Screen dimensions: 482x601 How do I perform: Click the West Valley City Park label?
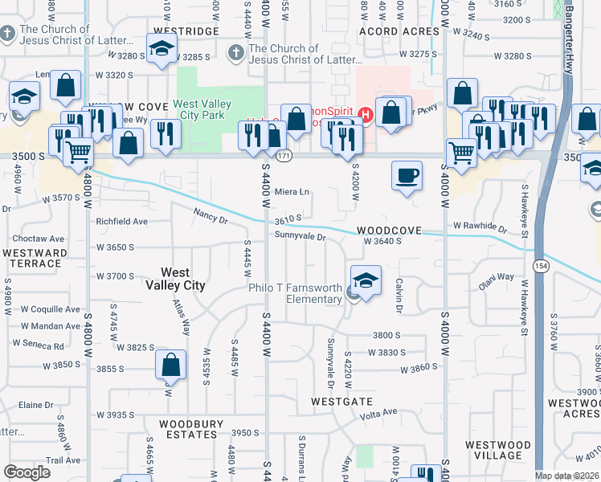point(202,110)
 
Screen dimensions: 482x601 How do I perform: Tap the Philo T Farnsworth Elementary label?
point(295,293)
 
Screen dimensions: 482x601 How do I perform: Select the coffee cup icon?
point(407,176)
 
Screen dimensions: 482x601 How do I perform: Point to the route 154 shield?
point(543,267)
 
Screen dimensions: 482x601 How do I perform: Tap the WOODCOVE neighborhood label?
point(390,230)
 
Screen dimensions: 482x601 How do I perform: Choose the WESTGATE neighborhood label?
point(342,401)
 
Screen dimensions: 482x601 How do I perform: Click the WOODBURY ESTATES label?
point(189,429)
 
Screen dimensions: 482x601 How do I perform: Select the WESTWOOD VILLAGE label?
point(497,450)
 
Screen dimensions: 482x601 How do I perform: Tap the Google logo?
point(27,472)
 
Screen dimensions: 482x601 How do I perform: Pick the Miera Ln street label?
point(292,192)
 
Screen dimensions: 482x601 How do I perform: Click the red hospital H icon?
point(366,116)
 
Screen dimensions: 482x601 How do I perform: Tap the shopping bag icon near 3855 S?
point(171,366)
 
